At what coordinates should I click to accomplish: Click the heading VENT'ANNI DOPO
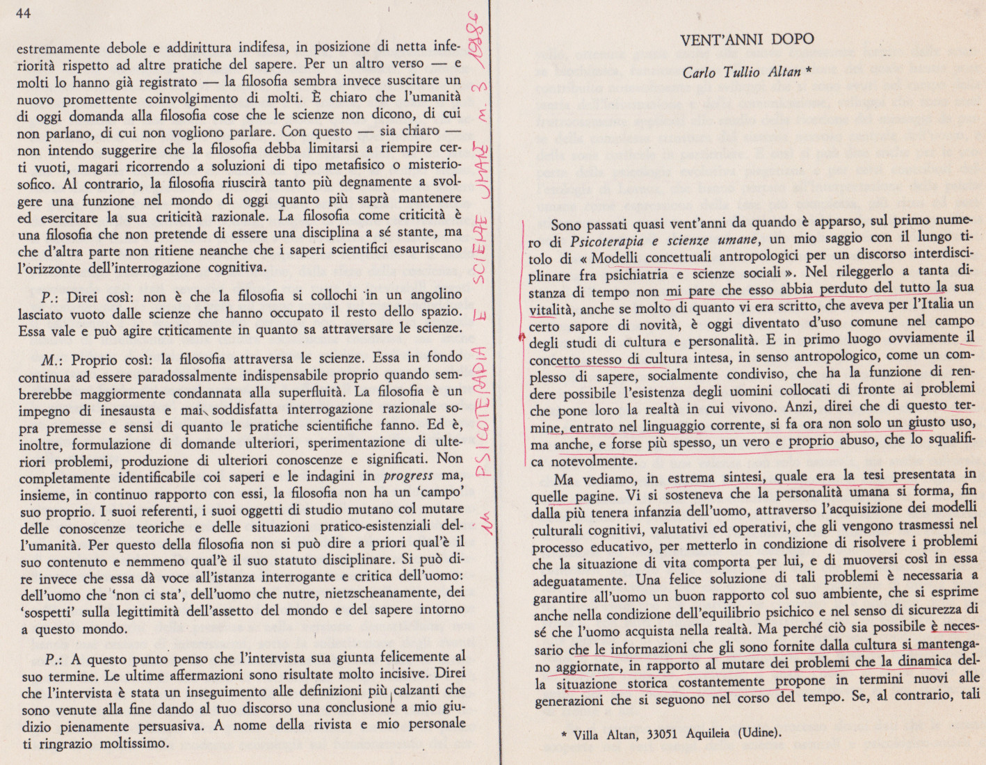pyautogui.click(x=747, y=39)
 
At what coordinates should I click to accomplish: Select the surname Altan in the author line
pyautogui.click(x=784, y=72)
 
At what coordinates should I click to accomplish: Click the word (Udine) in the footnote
pyautogui.click(x=759, y=732)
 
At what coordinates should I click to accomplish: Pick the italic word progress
pyautogui.click(x=408, y=476)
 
